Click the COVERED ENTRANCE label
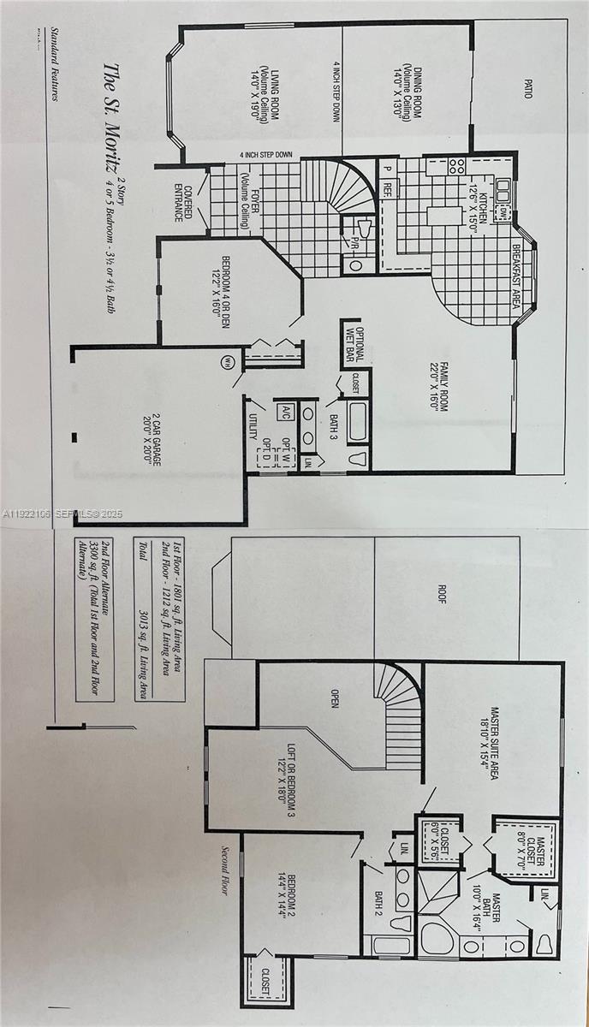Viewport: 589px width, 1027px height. click(x=183, y=201)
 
